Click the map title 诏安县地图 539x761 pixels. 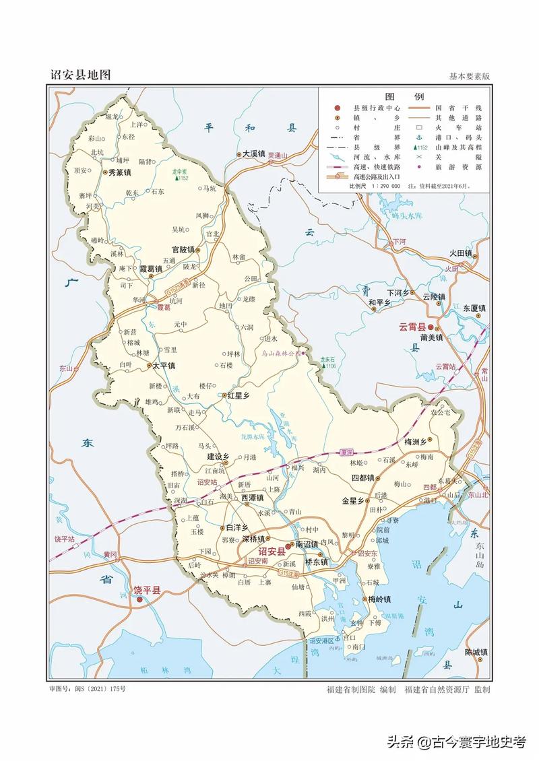point(80,75)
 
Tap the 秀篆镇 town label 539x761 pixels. point(119,173)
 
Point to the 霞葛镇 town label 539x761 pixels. point(150,269)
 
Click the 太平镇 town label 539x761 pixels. point(163,366)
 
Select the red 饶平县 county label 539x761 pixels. point(146,591)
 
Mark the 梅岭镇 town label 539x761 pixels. point(378,599)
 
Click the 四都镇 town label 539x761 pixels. point(362,477)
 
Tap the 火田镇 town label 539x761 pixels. point(462,254)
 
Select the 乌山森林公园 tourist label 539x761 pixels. point(282,352)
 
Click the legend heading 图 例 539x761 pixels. point(404,96)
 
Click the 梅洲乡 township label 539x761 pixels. point(415,442)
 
